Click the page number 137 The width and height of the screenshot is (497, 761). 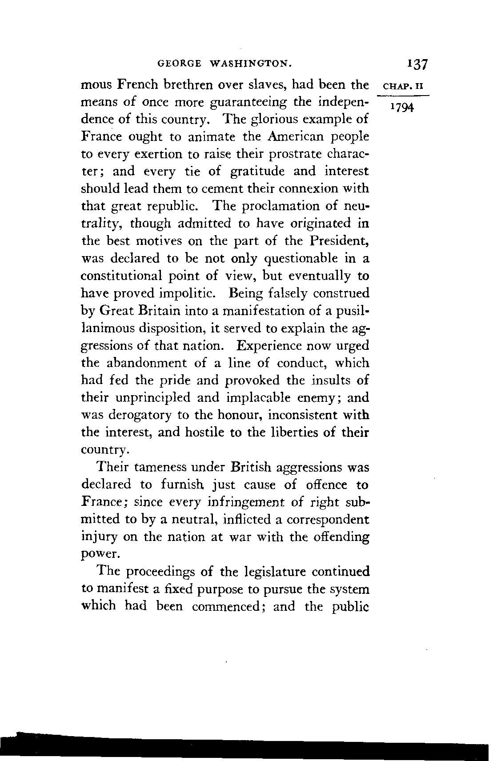click(417, 64)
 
